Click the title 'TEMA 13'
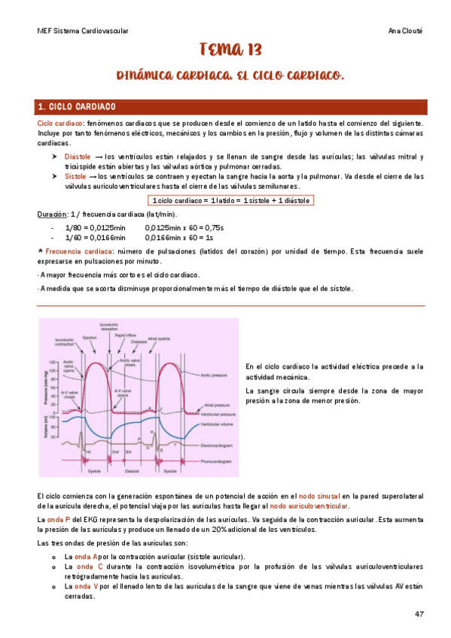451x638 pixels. coord(230,50)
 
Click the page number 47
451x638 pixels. coord(419,614)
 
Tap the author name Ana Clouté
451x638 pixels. coord(405,31)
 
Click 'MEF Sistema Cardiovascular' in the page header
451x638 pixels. coord(83,31)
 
